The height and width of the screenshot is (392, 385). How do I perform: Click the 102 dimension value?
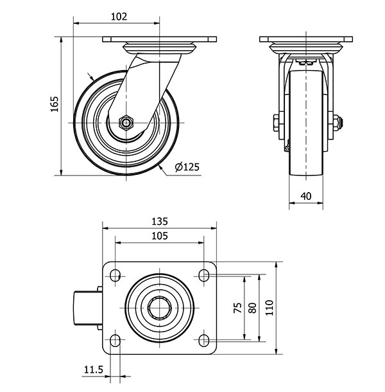[x=119, y=17]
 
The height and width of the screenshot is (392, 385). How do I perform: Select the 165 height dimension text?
[x=54, y=104]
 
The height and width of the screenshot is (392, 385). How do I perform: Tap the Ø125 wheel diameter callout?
[x=187, y=166]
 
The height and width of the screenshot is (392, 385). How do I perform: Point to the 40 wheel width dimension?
[x=306, y=196]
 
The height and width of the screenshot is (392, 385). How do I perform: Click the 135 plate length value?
[x=160, y=222]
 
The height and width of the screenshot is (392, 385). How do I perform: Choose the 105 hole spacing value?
[x=160, y=236]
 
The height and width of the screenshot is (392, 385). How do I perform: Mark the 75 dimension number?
[x=237, y=308]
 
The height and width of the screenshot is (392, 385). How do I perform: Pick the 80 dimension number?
[x=253, y=308]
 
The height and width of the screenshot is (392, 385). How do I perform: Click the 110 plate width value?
[x=269, y=308]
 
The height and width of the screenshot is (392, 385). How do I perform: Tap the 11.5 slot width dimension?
[x=94, y=370]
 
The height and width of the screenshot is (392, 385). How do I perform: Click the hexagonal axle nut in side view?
[x=126, y=123]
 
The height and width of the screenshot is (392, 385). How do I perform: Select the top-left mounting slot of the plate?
[x=115, y=275]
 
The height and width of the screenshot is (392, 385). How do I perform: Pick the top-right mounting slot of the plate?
[x=204, y=275]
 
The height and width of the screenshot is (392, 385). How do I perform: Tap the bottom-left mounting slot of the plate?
[x=115, y=341]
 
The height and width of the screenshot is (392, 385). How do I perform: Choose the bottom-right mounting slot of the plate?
[x=204, y=341]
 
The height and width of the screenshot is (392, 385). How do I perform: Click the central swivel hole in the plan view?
[x=160, y=308]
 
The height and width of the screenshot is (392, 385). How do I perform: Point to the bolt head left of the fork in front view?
[x=276, y=123]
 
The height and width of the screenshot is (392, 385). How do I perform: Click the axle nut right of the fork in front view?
[x=338, y=123]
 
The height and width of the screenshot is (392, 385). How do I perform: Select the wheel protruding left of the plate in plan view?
[x=85, y=308]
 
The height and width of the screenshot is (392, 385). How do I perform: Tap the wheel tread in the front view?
[x=306, y=123]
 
